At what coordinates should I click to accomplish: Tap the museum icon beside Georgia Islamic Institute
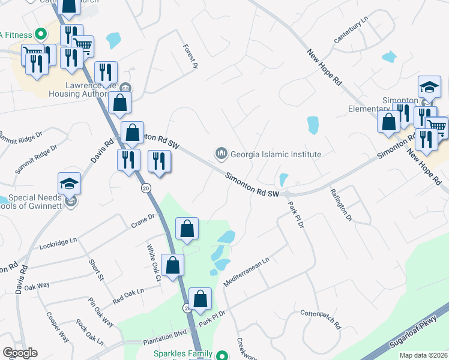221,154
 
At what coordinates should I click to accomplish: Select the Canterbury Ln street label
351,31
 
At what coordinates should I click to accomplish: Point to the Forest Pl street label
190,55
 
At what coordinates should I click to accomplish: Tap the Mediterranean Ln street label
247,271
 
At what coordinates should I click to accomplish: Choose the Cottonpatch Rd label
321,320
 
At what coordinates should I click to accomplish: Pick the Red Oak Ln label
128,295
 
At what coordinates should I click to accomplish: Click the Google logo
20,353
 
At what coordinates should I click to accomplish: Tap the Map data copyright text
424,355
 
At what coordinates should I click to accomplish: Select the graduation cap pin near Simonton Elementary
430,88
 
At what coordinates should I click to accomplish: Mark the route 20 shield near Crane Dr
146,188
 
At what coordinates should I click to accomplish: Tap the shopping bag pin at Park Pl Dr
200,299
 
